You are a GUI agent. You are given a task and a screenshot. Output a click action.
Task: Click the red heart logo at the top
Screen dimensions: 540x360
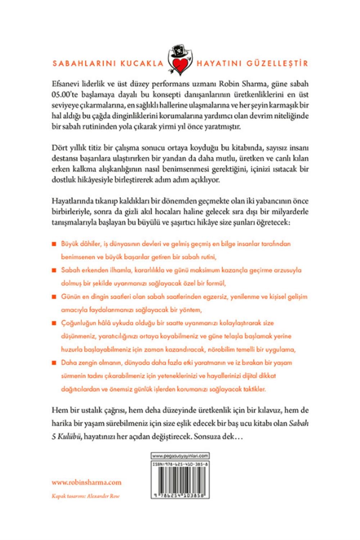tap(180, 65)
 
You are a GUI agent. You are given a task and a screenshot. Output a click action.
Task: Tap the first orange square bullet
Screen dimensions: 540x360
tap(54, 244)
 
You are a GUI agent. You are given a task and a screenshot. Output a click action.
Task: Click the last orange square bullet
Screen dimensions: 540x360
tap(54, 363)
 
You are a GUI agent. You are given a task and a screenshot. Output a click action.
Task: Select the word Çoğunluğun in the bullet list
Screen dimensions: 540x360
tap(77, 323)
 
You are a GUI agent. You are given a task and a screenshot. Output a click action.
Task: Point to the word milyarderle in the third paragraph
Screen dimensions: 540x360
tap(288, 212)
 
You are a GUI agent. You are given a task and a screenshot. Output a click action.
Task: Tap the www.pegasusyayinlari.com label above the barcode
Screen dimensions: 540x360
tap(180, 456)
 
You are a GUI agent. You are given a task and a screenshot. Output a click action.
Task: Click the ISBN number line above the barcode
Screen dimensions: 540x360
tap(180, 464)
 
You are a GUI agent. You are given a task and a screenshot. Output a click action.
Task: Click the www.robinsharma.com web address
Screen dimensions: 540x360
tap(86, 482)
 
